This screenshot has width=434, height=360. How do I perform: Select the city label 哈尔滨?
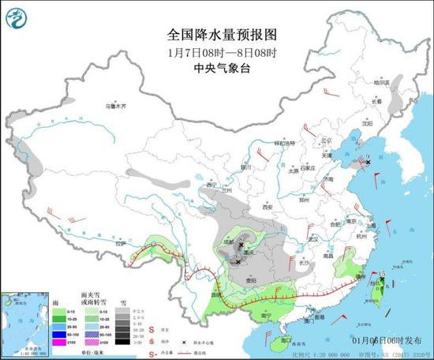tap(383, 81)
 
